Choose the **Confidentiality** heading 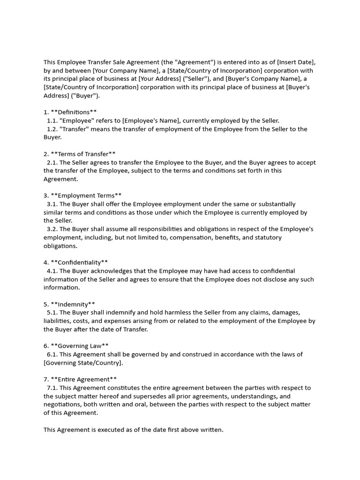[x=79, y=262]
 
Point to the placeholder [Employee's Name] [x=150, y=120]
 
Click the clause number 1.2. [x=52, y=129]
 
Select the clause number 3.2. [x=52, y=229]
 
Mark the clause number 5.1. [x=52, y=313]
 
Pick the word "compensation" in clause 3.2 [x=190, y=238]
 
